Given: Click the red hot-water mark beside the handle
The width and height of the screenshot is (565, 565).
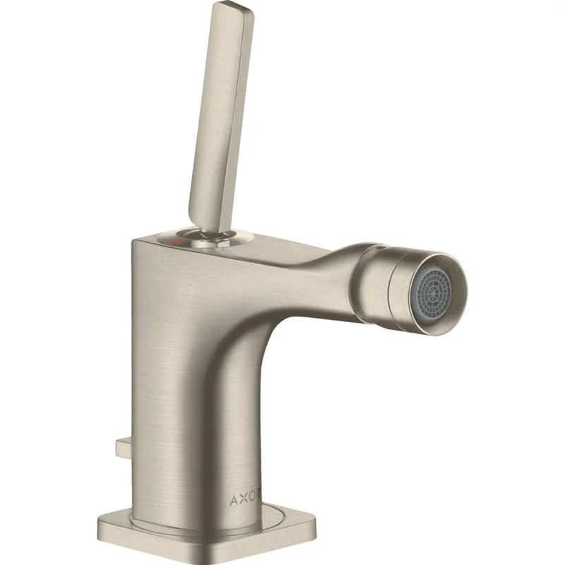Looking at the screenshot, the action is point(177,240).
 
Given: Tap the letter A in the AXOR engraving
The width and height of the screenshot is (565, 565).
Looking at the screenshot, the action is point(234,500).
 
